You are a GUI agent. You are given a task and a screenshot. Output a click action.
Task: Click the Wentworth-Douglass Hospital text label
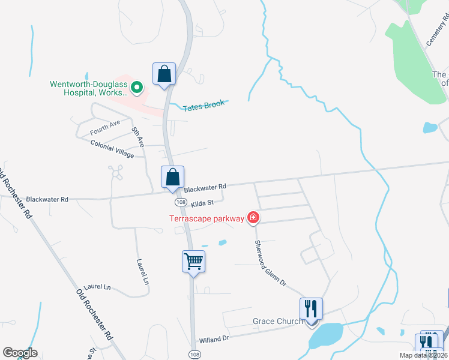(89, 88)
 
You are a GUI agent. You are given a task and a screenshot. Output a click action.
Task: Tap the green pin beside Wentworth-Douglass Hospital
(137, 88)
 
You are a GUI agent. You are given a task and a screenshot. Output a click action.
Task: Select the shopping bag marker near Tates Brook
(164, 74)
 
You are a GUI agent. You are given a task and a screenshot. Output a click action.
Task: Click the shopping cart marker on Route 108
(194, 262)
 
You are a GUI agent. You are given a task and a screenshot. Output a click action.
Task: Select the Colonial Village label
(112, 149)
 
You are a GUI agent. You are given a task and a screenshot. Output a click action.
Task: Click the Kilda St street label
(202, 204)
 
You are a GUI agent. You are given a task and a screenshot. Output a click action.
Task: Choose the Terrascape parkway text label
(207, 218)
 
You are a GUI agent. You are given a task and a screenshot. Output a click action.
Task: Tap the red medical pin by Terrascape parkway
(253, 218)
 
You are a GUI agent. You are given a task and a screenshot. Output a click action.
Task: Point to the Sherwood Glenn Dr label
(271, 263)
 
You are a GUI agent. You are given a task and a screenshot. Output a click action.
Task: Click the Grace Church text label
(277, 322)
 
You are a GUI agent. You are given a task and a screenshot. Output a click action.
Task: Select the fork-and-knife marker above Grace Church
(311, 309)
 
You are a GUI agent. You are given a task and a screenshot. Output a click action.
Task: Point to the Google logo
(20, 353)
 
